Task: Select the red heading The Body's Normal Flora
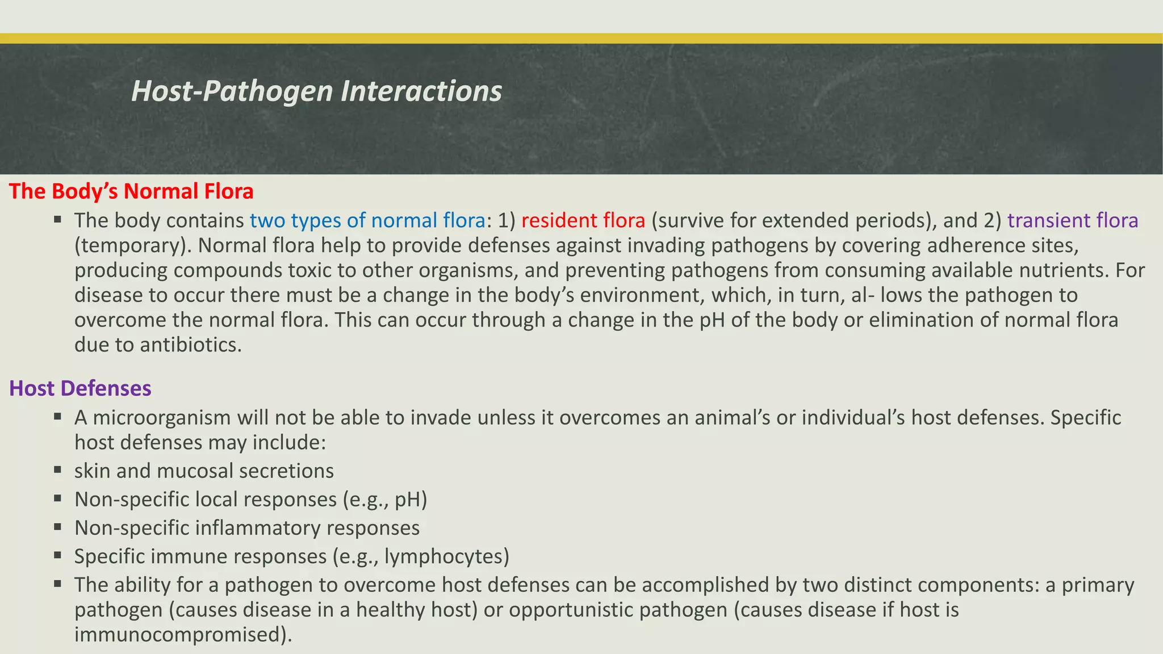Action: (131, 191)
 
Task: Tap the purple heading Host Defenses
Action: (80, 388)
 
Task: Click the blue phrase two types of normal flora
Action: (367, 220)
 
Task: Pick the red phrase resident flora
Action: (583, 220)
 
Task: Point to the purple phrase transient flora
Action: (1073, 220)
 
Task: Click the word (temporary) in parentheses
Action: (133, 245)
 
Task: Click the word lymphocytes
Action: (446, 556)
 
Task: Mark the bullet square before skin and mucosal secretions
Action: (58, 470)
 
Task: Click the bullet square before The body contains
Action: (58, 219)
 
